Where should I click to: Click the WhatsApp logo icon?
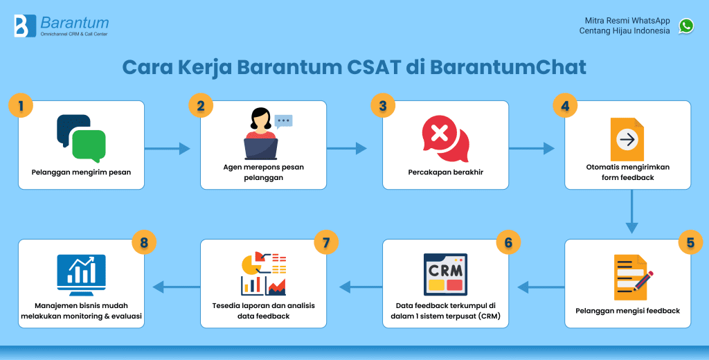pos(686,26)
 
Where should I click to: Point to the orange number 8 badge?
pos(144,243)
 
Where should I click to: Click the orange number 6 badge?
pos(508,243)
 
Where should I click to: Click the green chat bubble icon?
pos(89,145)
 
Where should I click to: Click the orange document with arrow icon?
pos(627,139)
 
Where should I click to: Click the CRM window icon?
pos(445,275)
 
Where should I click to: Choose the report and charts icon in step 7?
pos(263,273)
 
